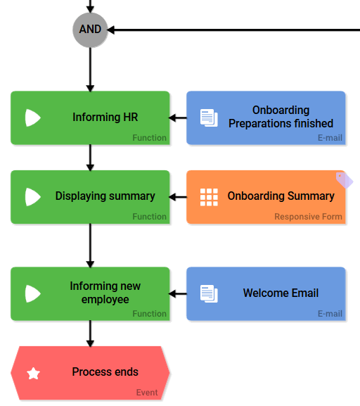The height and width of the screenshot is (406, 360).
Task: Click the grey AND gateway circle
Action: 90,30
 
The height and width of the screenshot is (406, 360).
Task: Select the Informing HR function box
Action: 90,118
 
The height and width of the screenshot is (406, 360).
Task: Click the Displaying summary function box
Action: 90,196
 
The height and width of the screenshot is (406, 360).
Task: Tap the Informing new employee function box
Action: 90,293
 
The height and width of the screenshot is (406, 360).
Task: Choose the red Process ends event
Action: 90,372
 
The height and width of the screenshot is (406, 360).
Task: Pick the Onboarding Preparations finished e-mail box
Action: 266,118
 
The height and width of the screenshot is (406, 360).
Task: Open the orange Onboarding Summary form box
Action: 266,196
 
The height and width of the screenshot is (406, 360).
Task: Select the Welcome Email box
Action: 266,293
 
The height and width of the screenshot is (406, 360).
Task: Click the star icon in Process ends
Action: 33,373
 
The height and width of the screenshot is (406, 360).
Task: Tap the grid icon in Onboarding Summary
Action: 209,197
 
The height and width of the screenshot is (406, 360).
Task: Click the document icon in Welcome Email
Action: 209,293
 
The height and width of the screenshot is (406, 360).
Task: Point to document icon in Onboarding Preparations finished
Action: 209,118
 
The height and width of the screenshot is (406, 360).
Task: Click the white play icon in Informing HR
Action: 32,118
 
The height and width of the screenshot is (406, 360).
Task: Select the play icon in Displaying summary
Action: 32,197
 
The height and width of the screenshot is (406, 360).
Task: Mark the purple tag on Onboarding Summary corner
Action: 344,179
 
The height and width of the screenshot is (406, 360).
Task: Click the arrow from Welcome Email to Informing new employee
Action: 178,293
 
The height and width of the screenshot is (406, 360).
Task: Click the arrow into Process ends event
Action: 90,334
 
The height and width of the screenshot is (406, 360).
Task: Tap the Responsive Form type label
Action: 308,217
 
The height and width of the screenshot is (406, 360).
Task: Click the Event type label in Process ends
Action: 147,393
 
